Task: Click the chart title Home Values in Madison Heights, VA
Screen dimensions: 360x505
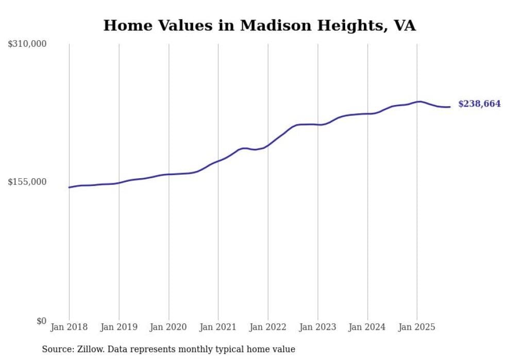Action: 259,25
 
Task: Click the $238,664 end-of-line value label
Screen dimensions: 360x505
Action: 479,104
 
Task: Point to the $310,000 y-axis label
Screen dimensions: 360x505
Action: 27,44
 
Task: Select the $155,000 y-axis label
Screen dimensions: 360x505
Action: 27,182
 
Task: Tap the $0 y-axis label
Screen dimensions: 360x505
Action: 41,321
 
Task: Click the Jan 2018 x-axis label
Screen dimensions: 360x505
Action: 69,327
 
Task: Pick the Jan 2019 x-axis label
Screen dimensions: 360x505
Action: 119,327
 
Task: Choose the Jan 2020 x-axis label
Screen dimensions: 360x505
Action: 169,327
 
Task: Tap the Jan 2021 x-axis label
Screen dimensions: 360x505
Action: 218,327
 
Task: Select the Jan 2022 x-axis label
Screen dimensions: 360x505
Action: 268,327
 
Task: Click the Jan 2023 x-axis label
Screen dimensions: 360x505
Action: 317,327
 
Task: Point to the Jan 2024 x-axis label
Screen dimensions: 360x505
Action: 367,327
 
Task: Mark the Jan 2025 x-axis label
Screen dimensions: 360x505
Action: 417,327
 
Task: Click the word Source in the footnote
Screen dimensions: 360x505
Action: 56,349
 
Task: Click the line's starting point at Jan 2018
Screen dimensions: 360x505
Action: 70,187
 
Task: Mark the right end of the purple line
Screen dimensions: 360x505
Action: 450,107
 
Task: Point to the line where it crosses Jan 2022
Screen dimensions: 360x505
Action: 268,145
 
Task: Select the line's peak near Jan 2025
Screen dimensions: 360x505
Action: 420,101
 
